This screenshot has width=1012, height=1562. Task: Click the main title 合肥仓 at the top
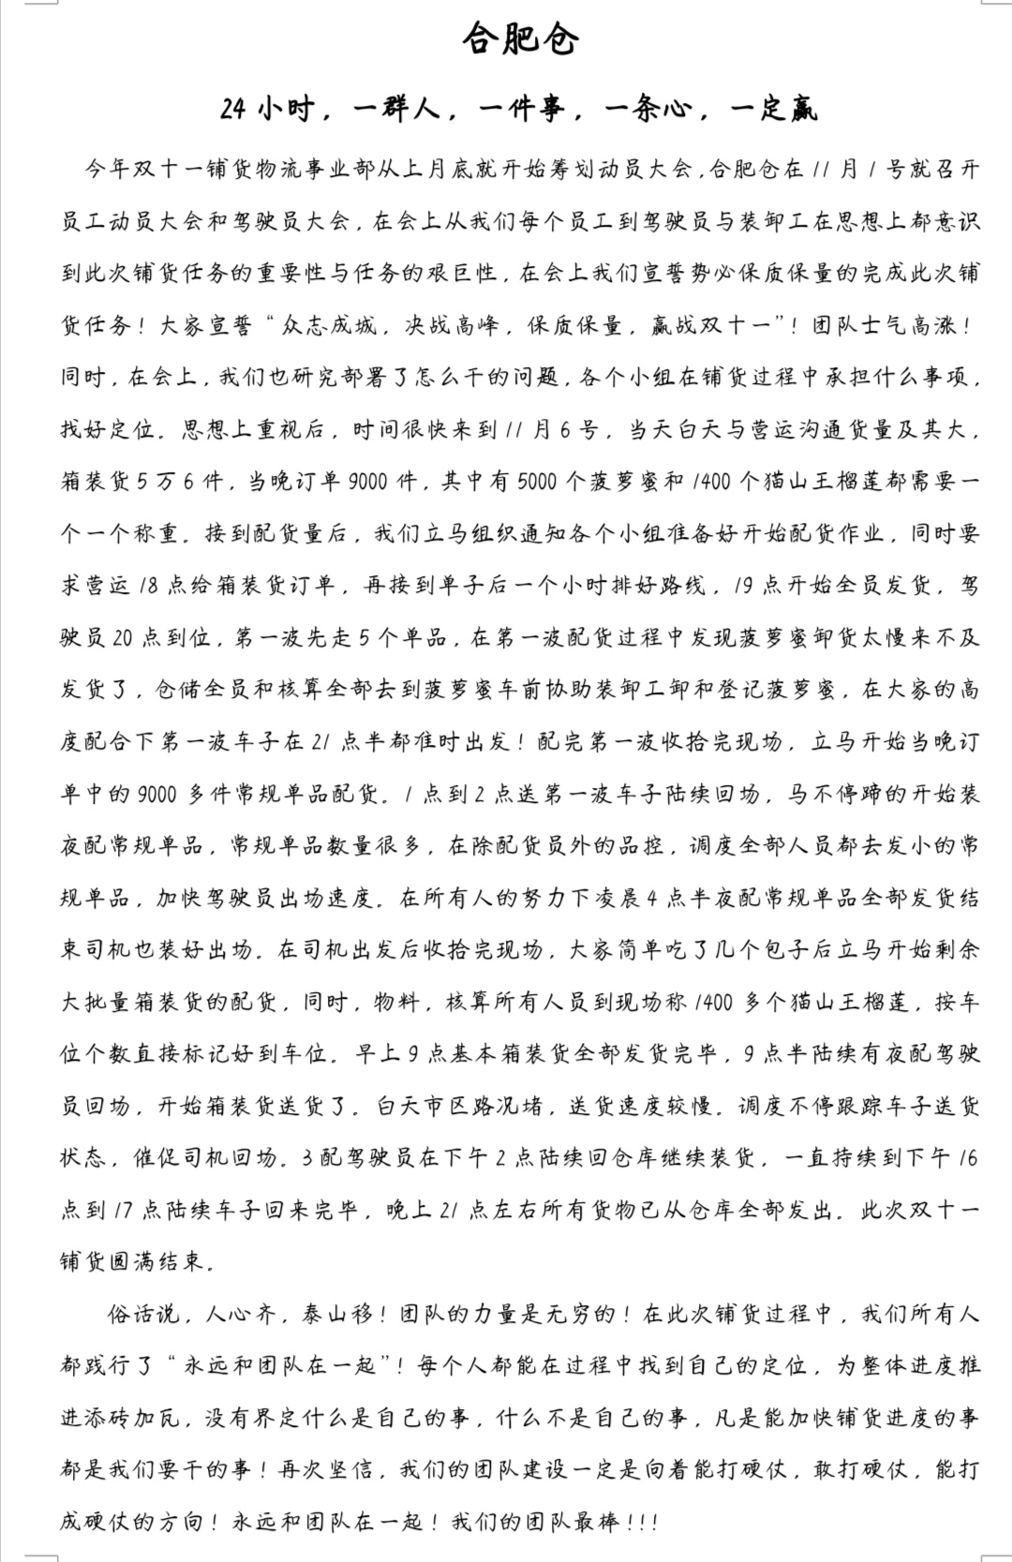click(521, 39)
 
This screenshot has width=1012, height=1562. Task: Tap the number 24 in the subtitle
click(233, 110)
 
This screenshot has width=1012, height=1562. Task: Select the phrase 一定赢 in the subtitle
click(774, 110)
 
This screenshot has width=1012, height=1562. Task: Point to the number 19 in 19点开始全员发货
click(746, 586)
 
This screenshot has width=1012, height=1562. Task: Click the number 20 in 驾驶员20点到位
click(123, 638)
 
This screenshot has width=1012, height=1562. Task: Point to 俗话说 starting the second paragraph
click(142, 1314)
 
